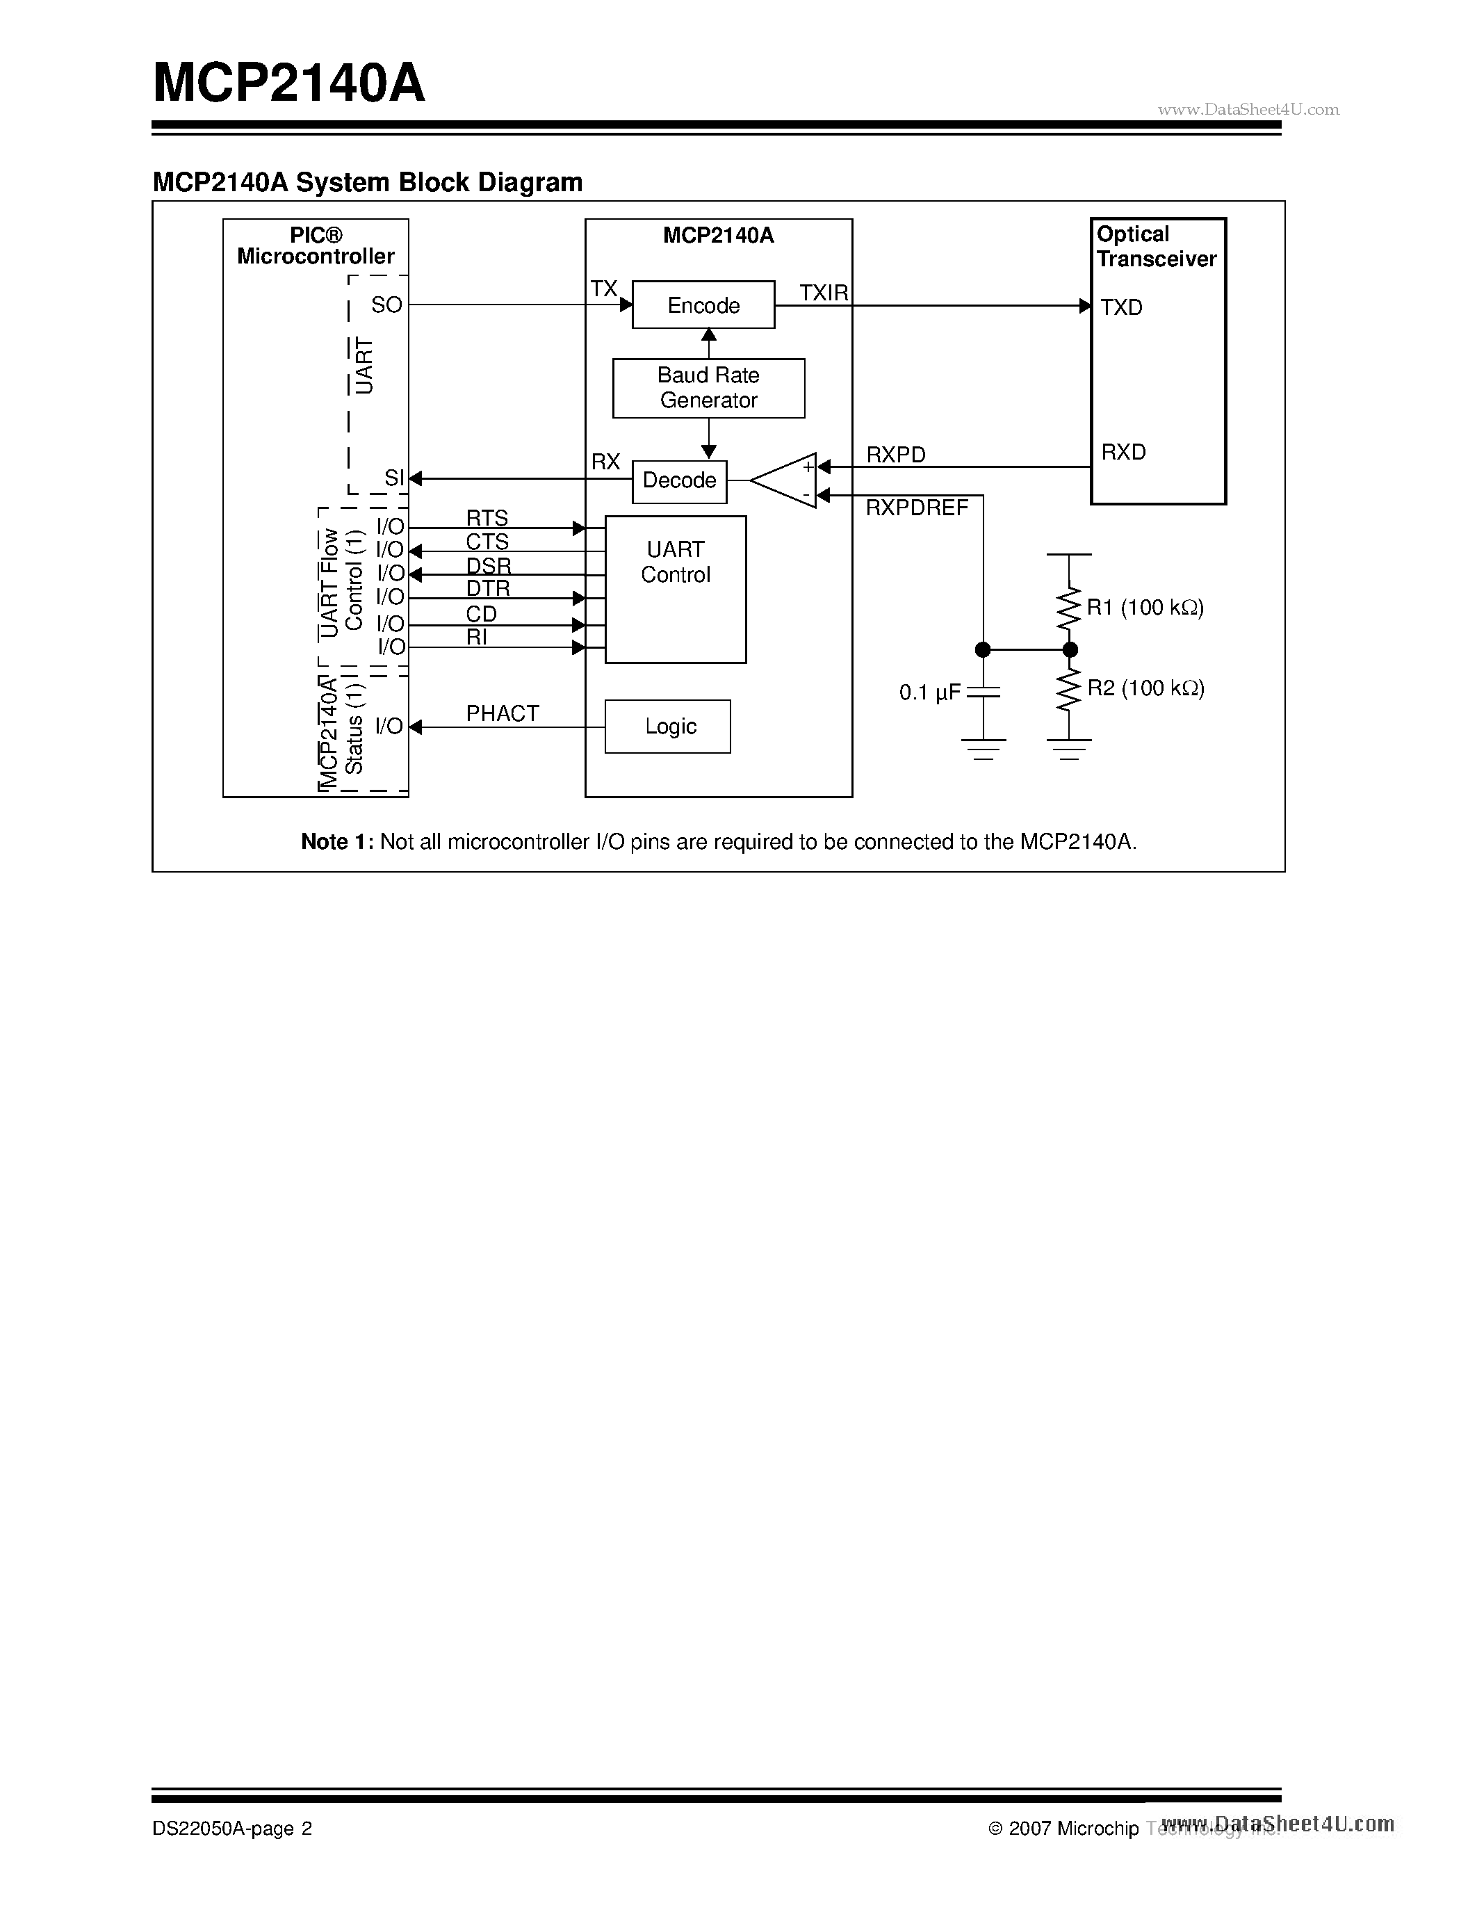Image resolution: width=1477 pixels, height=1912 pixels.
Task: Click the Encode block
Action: coord(703,305)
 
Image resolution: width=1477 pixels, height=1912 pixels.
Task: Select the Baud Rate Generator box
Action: coord(708,388)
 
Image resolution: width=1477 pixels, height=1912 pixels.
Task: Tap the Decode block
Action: coord(679,480)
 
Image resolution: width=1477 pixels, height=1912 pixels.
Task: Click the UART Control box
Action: coord(676,588)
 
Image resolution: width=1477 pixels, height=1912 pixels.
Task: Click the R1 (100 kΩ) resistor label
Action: coord(1145,608)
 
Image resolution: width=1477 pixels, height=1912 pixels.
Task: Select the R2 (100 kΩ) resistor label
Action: coord(1145,689)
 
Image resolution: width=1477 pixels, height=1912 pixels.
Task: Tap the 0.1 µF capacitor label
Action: coord(929,693)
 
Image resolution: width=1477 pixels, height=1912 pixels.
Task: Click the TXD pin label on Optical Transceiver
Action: coord(1121,307)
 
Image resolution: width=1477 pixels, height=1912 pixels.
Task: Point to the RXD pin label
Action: coord(1123,452)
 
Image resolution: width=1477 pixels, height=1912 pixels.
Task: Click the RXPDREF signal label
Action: coord(916,508)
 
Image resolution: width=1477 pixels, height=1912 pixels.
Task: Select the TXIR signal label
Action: coord(824,293)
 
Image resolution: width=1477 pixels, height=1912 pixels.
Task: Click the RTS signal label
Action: coord(487,517)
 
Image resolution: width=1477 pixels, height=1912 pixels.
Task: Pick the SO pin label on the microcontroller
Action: coord(386,305)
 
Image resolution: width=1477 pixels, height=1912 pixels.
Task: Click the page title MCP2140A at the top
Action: coord(288,85)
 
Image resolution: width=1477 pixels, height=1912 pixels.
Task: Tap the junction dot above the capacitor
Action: coord(983,649)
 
